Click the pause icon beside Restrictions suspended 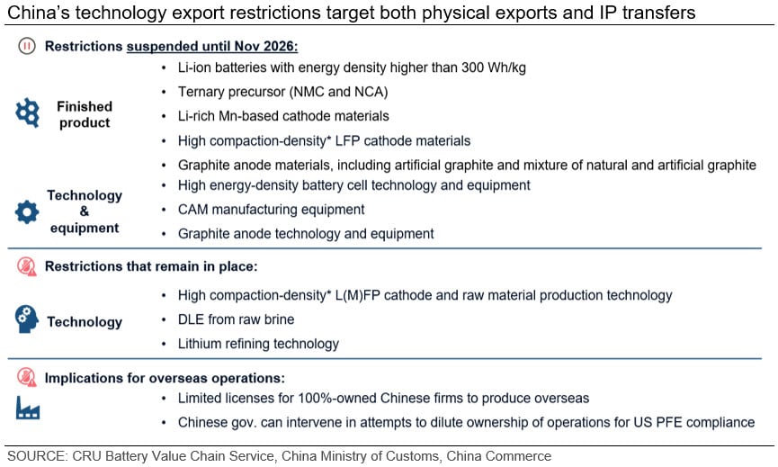27,46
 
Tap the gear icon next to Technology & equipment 27,212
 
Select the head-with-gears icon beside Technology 27,319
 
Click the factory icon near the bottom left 27,408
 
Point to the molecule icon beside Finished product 27,112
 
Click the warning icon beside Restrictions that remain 27,266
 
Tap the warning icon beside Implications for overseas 27,378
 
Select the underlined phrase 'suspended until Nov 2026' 212,46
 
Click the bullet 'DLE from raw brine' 237,319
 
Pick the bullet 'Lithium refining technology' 258,344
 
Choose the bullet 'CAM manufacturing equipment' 272,210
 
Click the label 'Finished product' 85,114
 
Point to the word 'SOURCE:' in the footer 38,456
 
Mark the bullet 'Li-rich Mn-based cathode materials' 283,116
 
